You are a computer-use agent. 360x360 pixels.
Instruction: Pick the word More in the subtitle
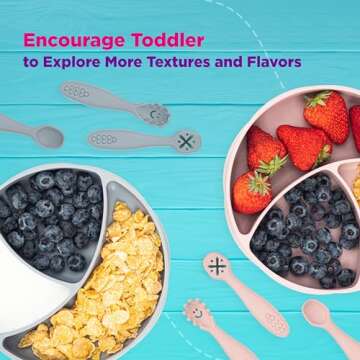click(127, 62)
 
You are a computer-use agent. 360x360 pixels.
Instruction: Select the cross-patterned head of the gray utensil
click(184, 141)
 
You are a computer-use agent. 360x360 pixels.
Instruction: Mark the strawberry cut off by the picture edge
click(354, 125)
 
